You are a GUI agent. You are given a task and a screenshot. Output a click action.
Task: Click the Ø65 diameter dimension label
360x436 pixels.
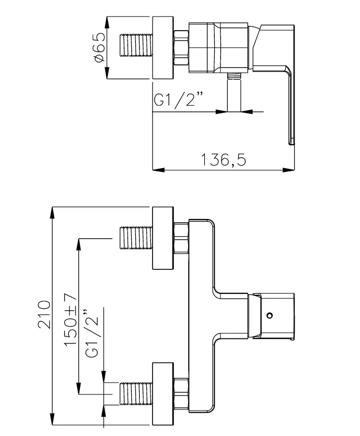click(100, 47)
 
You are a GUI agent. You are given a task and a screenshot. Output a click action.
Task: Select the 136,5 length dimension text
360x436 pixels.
click(223, 160)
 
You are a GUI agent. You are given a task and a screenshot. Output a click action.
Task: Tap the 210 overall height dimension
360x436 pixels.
click(44, 314)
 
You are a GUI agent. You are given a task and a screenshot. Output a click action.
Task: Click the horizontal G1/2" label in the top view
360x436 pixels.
click(178, 99)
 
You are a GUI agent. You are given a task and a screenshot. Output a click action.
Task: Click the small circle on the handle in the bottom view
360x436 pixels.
click(269, 316)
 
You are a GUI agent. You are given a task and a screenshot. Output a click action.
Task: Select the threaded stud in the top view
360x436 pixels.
click(136, 45)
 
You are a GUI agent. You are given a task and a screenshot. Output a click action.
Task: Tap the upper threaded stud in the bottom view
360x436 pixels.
click(136, 238)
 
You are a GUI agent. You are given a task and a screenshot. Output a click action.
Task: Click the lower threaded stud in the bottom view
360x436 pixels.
click(136, 393)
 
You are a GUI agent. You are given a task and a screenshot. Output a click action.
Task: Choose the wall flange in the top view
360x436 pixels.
click(163, 48)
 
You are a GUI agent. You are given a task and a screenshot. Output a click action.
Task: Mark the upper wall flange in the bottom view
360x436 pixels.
click(163, 238)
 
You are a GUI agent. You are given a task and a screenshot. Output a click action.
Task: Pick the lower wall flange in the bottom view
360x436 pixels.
click(163, 394)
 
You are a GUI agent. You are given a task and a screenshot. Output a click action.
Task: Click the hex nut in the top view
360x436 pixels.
click(181, 48)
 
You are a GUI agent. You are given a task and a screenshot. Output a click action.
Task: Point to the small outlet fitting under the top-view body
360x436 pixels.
click(234, 76)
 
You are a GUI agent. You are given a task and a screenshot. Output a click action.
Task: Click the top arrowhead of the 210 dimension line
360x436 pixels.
click(52, 213)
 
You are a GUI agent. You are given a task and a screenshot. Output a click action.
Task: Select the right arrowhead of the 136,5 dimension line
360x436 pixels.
click(288, 169)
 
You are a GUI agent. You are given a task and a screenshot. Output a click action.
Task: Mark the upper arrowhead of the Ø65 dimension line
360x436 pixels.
click(107, 22)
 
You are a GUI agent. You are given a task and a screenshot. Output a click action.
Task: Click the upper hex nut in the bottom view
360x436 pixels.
click(181, 238)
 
